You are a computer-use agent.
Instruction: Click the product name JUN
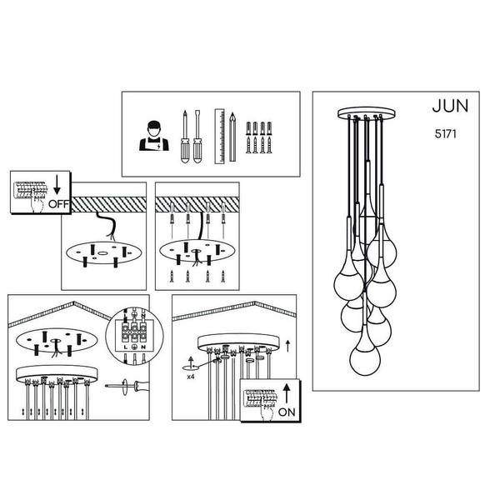[450, 106]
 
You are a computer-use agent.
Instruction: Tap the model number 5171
[446, 133]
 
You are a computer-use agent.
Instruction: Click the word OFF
[58, 204]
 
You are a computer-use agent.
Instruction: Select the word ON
[287, 412]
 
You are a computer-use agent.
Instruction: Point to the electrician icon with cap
[154, 136]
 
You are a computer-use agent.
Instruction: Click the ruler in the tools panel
[219, 137]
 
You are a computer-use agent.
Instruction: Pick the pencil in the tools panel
[232, 137]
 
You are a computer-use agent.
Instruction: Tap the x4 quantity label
[190, 377]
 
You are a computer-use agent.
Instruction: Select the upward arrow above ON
[287, 393]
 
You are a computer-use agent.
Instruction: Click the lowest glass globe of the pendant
[365, 360]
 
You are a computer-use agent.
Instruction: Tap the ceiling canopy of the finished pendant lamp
[367, 112]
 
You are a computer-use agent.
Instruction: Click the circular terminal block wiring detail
[134, 336]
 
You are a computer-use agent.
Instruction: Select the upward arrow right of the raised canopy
[288, 346]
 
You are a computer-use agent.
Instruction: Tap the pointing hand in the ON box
[267, 412]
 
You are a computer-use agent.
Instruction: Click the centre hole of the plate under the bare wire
[102, 253]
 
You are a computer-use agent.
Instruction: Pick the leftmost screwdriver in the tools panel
[185, 137]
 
